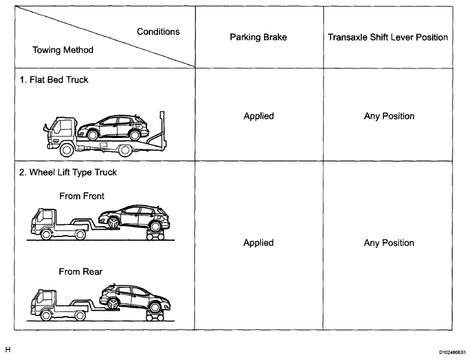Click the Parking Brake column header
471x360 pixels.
(x=258, y=37)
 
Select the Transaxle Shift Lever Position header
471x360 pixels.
(x=388, y=37)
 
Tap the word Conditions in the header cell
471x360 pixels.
(x=158, y=31)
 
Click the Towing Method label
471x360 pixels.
(x=62, y=50)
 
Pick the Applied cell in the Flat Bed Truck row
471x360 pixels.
(x=258, y=116)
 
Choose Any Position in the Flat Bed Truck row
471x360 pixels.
(x=389, y=116)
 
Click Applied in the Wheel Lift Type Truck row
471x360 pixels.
(x=258, y=242)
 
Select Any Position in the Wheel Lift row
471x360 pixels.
(x=389, y=242)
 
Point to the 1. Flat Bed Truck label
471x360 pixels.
(x=55, y=80)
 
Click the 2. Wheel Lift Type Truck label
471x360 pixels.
(x=67, y=173)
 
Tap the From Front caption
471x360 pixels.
(x=82, y=196)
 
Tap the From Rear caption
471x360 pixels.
(x=80, y=271)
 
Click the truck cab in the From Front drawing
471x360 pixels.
(x=43, y=223)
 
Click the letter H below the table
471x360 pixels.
(x=8, y=348)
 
